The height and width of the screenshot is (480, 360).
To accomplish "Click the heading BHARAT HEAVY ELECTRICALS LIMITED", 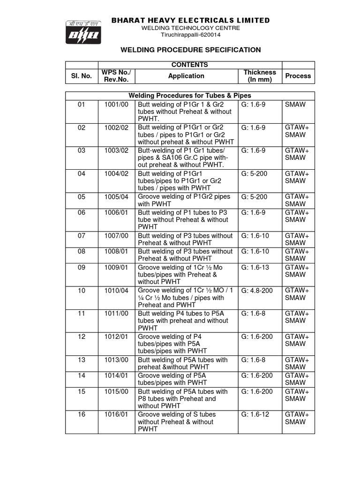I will pos(190,20).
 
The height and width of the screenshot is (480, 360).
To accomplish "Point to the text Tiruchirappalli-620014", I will pos(190,35).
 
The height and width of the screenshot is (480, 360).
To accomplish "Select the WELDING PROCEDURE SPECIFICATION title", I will pos(191,50).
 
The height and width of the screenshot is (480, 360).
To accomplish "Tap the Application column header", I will pos(187,76).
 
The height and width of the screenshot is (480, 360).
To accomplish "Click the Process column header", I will pos(298,76).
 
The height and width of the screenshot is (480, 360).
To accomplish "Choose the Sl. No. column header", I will pos(82,76).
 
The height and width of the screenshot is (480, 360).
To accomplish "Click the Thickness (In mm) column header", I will pos(260,76).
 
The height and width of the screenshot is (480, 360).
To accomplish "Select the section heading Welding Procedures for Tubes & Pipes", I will pos(190,96).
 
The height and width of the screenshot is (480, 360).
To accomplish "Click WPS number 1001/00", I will pos(116,105).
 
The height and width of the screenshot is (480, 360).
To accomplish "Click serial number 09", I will pos(82,267).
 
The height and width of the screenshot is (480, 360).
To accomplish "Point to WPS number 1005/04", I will pos(116,197).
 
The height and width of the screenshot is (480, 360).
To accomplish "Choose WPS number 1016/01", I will pos(116,414).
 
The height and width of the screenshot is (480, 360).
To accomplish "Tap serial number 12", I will pos(82,337).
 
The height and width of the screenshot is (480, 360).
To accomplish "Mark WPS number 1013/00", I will pos(116,360).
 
